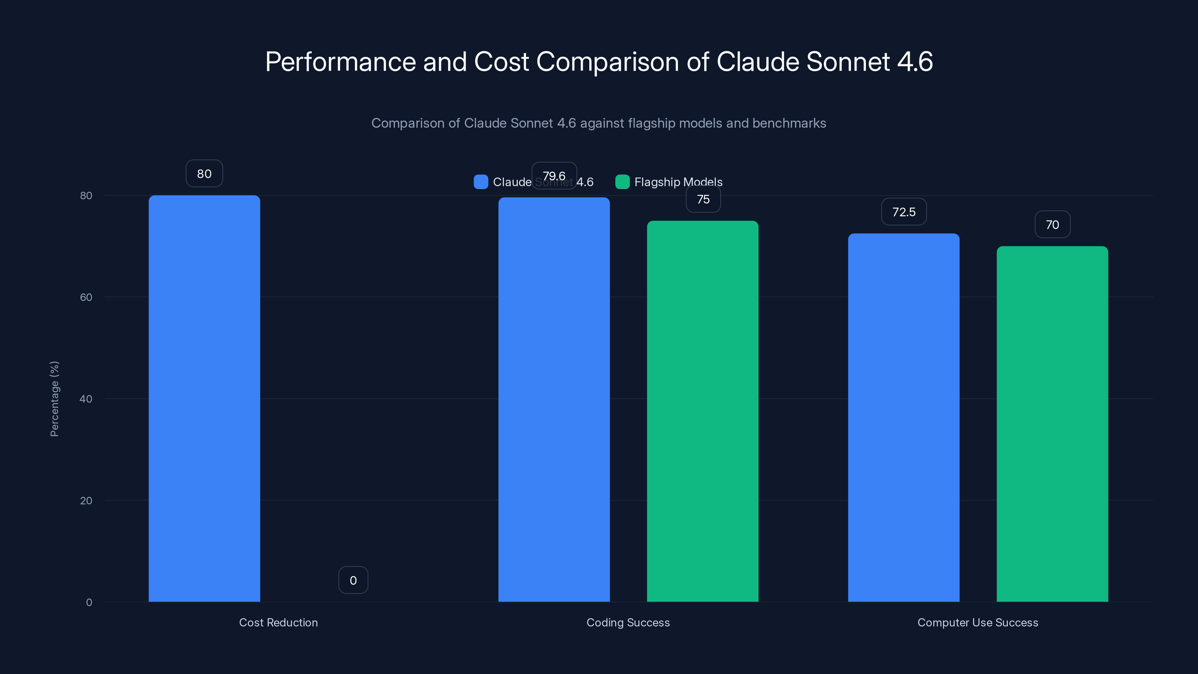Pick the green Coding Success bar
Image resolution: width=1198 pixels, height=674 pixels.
click(703, 411)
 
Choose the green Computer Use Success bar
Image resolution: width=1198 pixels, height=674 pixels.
click(1052, 424)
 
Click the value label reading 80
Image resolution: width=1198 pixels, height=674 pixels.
click(204, 173)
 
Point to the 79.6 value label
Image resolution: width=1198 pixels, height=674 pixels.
click(554, 176)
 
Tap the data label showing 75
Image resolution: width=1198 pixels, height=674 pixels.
click(703, 199)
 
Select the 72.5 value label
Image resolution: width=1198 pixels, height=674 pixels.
click(904, 212)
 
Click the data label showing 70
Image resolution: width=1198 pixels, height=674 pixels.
click(1052, 225)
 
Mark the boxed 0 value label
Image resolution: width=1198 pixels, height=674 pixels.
click(353, 580)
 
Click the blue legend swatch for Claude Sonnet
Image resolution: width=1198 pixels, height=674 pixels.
click(481, 182)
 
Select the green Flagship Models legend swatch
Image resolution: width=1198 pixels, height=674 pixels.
click(622, 182)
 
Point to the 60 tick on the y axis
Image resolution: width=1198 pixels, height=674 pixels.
click(86, 297)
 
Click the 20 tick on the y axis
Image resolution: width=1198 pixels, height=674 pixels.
click(86, 501)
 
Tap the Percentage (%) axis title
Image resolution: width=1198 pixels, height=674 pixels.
click(54, 399)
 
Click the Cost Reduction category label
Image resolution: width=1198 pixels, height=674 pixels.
click(278, 622)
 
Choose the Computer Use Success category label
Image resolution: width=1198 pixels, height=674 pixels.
click(977, 622)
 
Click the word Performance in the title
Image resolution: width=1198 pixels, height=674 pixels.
click(340, 62)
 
